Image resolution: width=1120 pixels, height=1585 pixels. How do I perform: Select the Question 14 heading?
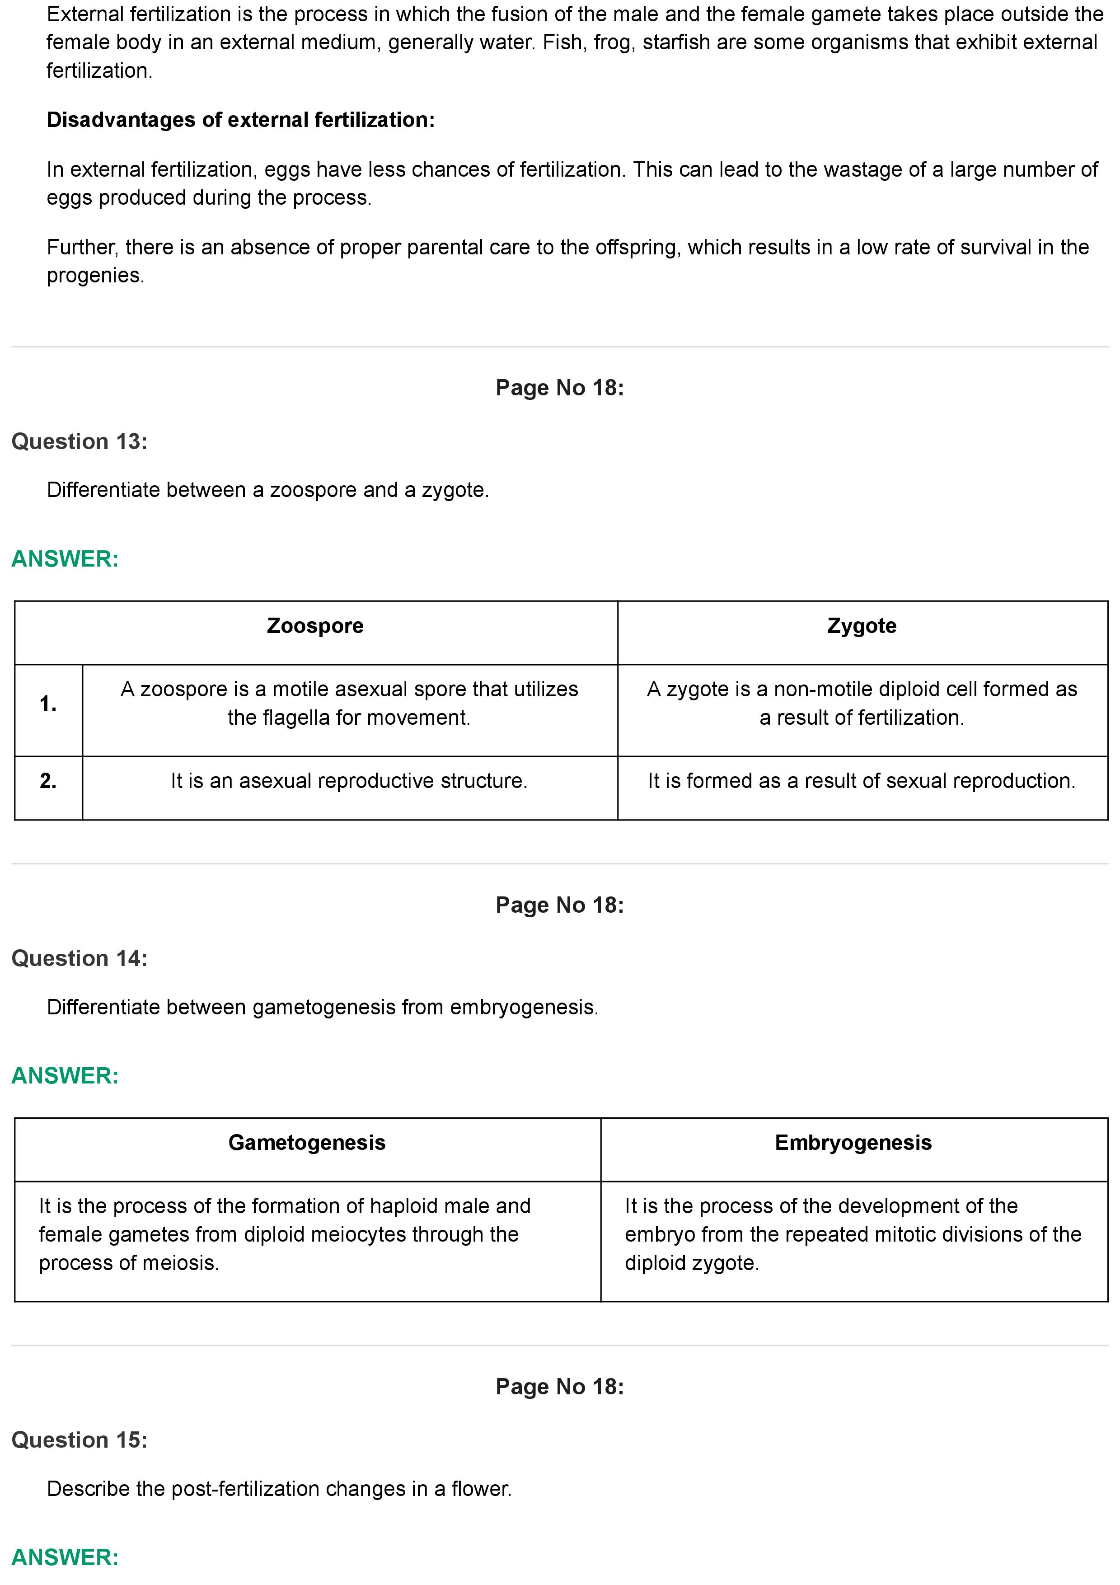80,958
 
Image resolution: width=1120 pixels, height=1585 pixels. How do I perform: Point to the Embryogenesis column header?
853,1143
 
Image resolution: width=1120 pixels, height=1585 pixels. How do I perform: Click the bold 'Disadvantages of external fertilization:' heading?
240,120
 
